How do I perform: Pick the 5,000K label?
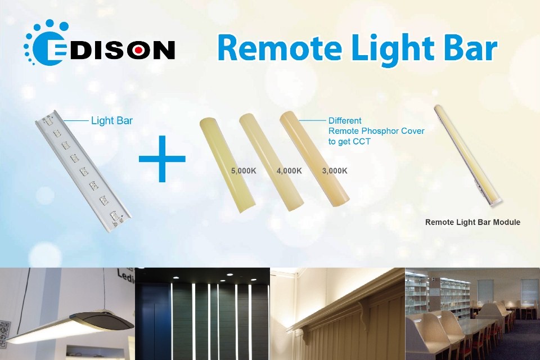243,170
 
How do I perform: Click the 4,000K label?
289,170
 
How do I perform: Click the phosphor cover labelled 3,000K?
315,157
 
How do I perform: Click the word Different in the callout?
345,120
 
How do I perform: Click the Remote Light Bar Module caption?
472,222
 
